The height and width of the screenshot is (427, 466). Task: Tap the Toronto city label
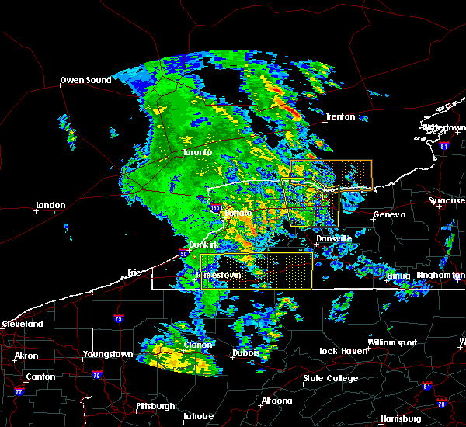[x=197, y=153]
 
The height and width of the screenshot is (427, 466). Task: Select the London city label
[x=50, y=205]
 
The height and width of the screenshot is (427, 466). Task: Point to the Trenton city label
[x=340, y=116]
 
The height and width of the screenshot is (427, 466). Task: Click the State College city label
[x=331, y=378]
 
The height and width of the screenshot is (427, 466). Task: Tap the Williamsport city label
[x=392, y=342]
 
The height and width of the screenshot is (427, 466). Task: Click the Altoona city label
[x=276, y=401]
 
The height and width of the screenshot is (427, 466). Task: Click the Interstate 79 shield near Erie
[x=118, y=318]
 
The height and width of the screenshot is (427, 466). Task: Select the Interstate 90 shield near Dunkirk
[x=183, y=252]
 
